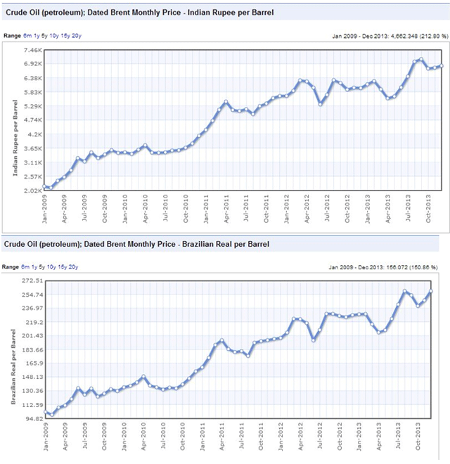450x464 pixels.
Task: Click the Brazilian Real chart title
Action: pyautogui.click(x=139, y=244)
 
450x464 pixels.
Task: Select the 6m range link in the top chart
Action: pyautogui.click(x=26, y=34)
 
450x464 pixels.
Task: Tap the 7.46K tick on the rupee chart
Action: pyautogui.click(x=32, y=50)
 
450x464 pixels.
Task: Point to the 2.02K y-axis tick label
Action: pyautogui.click(x=32, y=191)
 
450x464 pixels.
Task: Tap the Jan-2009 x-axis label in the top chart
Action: pyautogui.click(x=44, y=209)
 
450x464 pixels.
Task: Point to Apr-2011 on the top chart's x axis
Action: pyautogui.click(x=226, y=209)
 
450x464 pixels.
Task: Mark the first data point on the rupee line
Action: pyautogui.click(x=45, y=186)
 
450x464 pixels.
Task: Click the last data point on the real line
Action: pyautogui.click(x=431, y=291)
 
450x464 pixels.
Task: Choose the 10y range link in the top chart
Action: pyautogui.click(x=53, y=34)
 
